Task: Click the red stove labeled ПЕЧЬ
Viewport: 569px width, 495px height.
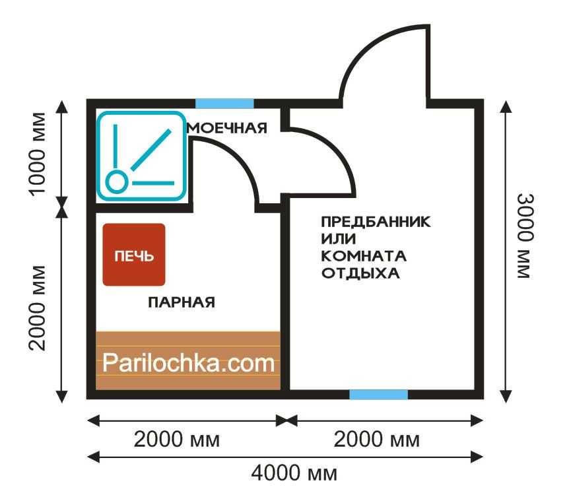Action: pos(134,254)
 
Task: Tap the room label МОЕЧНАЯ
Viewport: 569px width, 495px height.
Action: pos(227,128)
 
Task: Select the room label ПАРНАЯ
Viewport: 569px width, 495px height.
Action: pos(182,302)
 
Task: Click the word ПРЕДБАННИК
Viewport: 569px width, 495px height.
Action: pos(376,221)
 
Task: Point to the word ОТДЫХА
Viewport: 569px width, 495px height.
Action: pos(360,273)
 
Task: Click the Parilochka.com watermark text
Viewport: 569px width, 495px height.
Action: pos(188,363)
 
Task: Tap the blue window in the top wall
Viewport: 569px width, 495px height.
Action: pos(224,104)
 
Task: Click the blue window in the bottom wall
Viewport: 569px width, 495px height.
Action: pos(378,395)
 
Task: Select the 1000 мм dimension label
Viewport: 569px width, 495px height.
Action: pos(38,154)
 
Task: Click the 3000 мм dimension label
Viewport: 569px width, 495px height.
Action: pos(525,236)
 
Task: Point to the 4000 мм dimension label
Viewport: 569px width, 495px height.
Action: pos(294,473)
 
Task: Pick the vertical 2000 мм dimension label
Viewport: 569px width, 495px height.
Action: pos(38,308)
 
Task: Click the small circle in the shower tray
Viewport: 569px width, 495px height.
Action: pos(116,181)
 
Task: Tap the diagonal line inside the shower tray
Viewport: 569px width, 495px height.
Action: pos(151,150)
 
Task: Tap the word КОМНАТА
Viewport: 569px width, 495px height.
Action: pos(364,256)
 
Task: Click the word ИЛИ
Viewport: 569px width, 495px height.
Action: pos(338,239)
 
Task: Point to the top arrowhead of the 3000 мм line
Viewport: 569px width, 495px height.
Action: pos(506,106)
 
